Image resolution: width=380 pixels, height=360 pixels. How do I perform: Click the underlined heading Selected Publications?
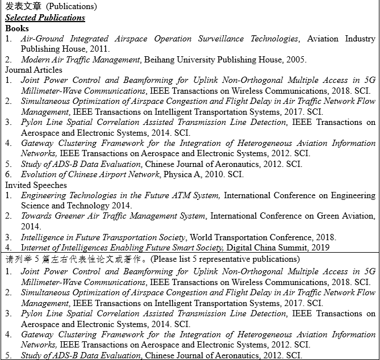point(45,18)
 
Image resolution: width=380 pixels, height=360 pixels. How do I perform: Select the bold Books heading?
point(17,28)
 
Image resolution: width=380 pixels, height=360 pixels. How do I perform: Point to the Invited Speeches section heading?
point(36,185)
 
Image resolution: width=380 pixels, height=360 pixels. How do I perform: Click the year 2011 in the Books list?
point(101,49)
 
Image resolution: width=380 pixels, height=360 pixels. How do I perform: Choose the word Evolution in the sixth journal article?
point(39,174)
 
